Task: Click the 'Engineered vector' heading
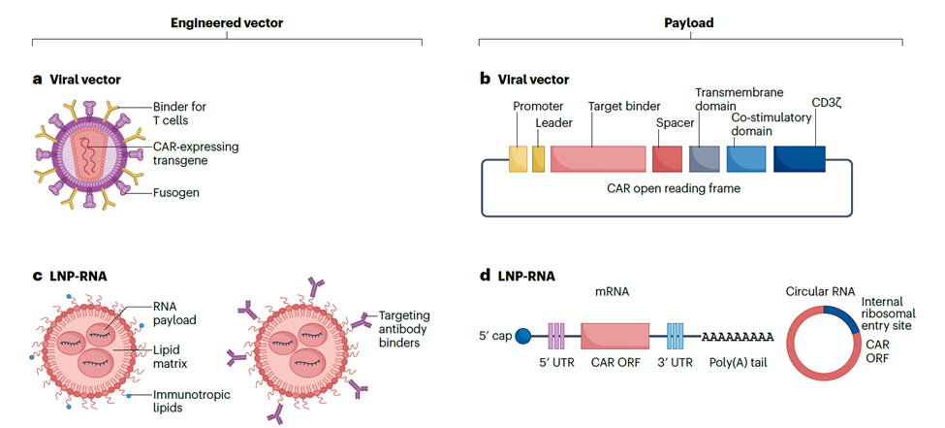tap(226, 21)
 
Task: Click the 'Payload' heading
tap(690, 21)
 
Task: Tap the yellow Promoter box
tap(518, 159)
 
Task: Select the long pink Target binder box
tap(598, 159)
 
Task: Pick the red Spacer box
tap(667, 159)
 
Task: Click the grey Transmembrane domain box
tap(704, 159)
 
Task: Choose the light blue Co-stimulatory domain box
tap(746, 159)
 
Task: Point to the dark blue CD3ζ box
tap(800, 159)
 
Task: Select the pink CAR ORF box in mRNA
tap(614, 336)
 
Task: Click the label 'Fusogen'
tap(175, 192)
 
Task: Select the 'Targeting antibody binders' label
tap(404, 329)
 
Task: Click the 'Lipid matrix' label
tap(172, 356)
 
